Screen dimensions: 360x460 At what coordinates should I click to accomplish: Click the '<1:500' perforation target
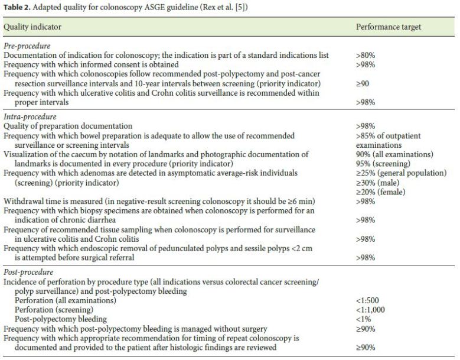click(369, 301)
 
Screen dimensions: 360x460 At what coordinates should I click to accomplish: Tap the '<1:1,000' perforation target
click(372, 310)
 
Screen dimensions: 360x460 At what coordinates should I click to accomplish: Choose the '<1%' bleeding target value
click(363, 319)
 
